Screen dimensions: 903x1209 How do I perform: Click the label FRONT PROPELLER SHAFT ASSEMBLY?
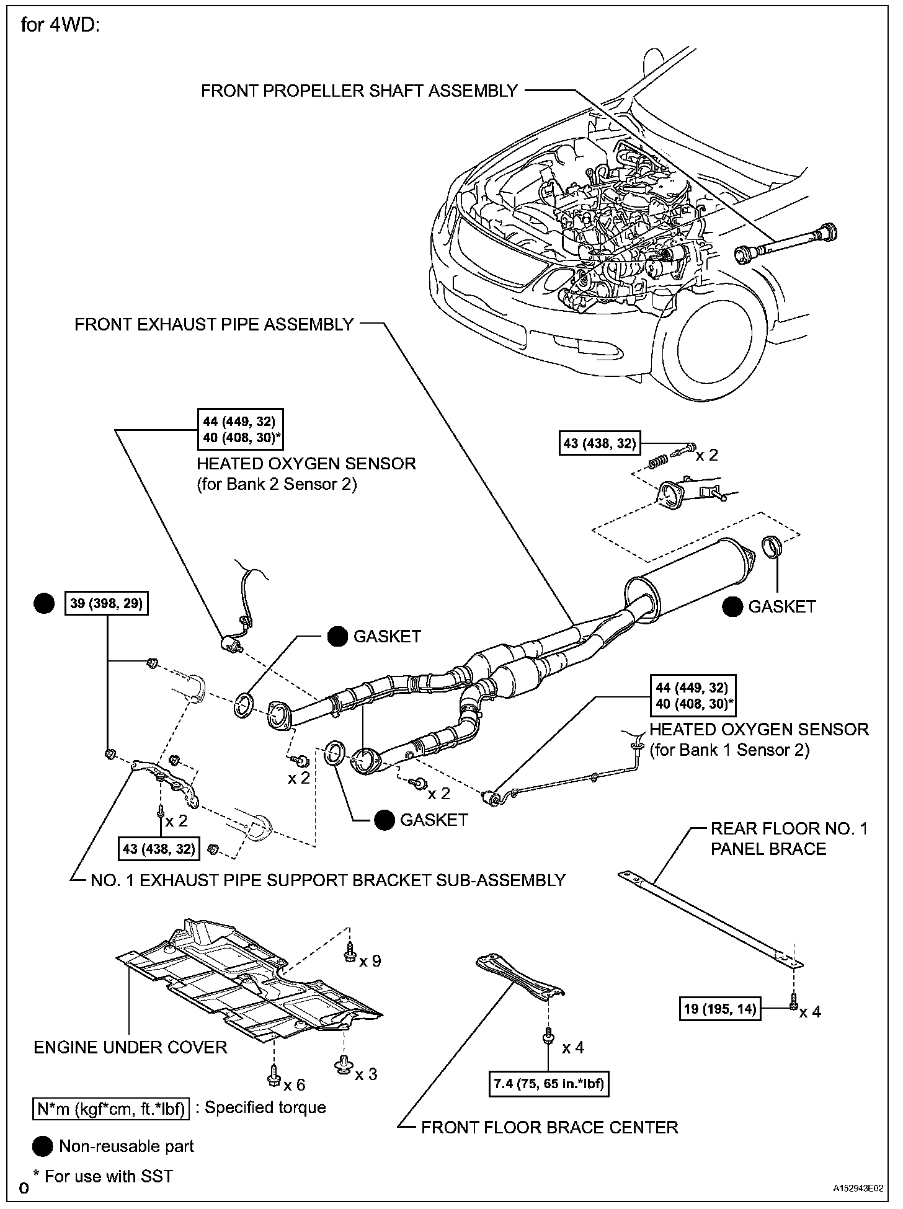pyautogui.click(x=359, y=91)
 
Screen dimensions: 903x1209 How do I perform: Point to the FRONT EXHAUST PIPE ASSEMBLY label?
pyautogui.click(x=214, y=324)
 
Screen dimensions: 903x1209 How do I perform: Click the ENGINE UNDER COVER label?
pyautogui.click(x=130, y=1047)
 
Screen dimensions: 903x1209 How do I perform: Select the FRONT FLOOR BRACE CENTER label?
pyautogui.click(x=549, y=1127)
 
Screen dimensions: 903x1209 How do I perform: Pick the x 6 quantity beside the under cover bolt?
pyautogui.click(x=294, y=1084)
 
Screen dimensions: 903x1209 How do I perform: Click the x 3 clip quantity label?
pyautogui.click(x=366, y=1073)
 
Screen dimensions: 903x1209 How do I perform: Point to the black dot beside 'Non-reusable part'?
pyautogui.click(x=43, y=1147)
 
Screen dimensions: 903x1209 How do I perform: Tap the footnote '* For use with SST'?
pyautogui.click(x=103, y=1176)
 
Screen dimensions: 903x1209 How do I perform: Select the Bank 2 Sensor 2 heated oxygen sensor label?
pyautogui.click(x=306, y=474)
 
